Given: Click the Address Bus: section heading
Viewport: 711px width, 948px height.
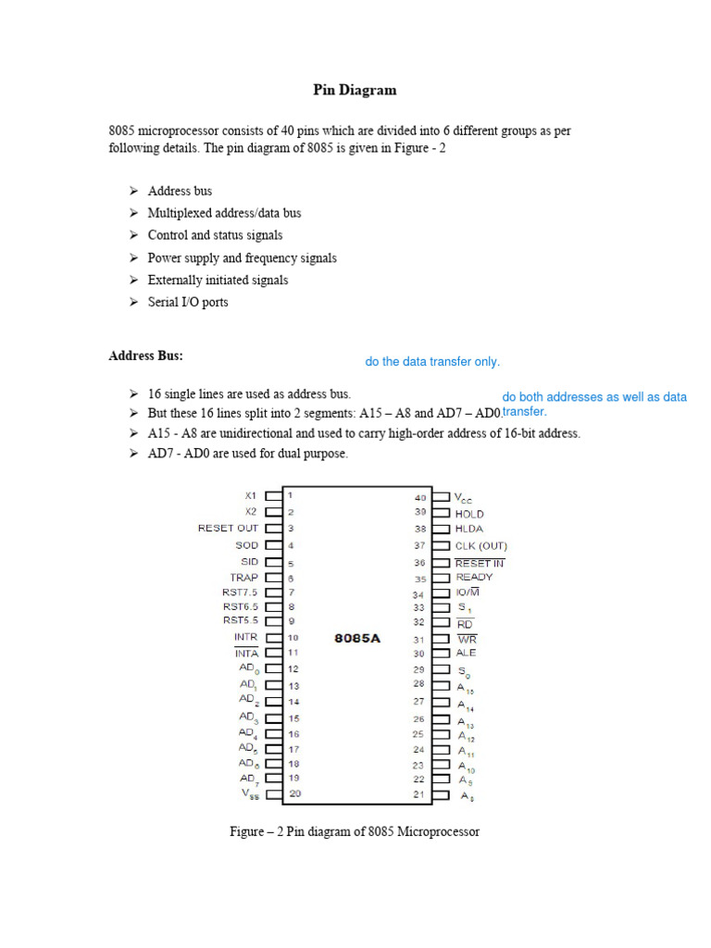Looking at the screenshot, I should [x=146, y=355].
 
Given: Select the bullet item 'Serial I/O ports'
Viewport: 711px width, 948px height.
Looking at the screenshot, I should [x=188, y=302].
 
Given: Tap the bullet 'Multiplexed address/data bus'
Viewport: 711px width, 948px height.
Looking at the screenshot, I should [x=224, y=213].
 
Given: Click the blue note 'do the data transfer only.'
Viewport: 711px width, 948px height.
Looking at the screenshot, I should [x=432, y=362].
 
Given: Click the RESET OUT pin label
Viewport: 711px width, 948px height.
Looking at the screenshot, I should [x=229, y=528].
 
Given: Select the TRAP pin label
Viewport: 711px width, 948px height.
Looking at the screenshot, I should [x=244, y=577].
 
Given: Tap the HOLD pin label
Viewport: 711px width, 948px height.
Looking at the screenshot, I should [x=469, y=514].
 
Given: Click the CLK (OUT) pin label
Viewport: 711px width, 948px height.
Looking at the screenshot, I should [x=480, y=546].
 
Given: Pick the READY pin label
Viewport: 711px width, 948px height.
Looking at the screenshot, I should [x=474, y=577].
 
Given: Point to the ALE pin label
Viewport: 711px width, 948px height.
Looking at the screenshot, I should [x=466, y=653].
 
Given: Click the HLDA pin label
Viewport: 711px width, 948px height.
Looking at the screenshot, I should [x=469, y=530].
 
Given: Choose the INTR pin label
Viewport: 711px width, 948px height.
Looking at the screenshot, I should [x=245, y=637].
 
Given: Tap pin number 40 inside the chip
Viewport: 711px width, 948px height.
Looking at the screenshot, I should [x=420, y=497].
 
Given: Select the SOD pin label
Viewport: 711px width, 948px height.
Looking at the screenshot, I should [x=246, y=545].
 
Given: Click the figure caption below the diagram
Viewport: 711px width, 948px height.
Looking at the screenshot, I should [x=355, y=831].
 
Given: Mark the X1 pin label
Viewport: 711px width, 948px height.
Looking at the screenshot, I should [x=250, y=495].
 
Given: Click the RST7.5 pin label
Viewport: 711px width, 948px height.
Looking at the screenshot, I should [x=241, y=592].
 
